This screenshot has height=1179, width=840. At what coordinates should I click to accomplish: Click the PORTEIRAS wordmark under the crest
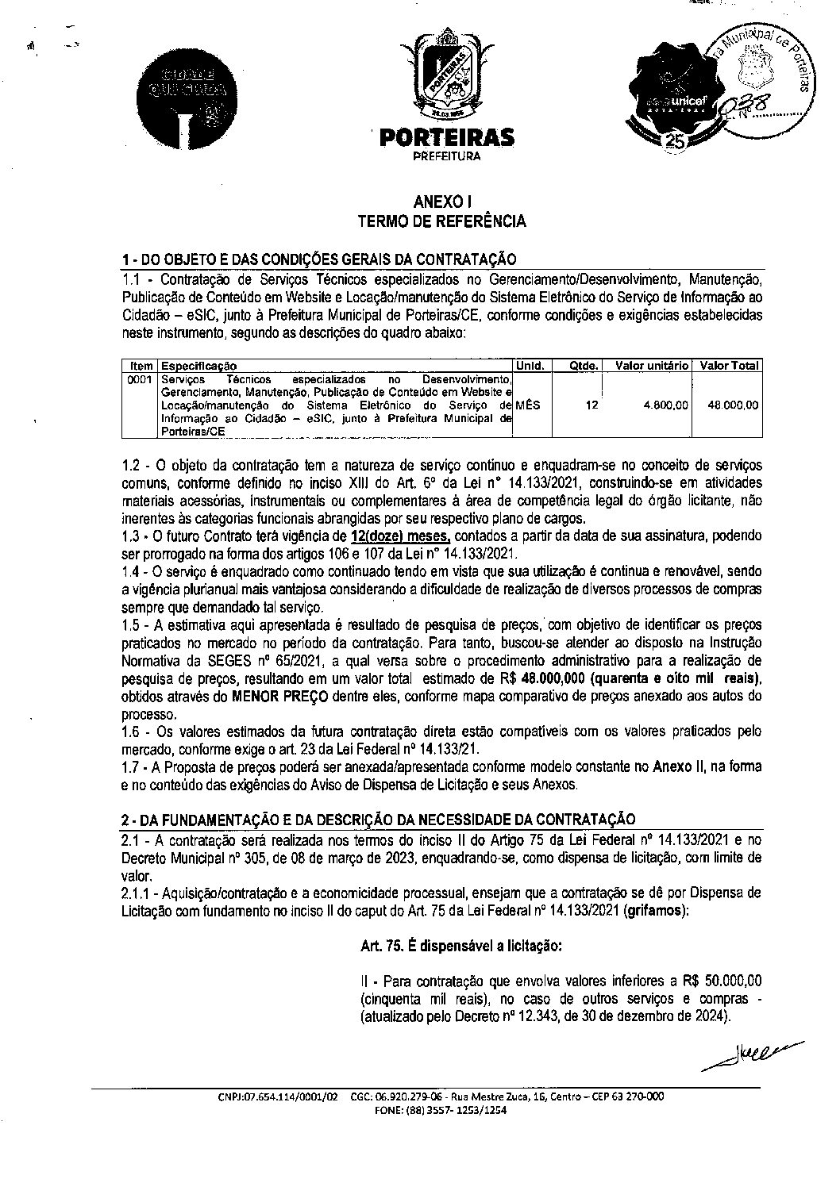446,138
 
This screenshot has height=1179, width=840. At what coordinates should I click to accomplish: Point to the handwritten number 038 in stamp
746,104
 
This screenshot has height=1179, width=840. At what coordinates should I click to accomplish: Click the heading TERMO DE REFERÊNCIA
441,221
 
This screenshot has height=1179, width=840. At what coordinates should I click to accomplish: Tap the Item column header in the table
141,366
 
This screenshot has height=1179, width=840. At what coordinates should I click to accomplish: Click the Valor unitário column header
652,366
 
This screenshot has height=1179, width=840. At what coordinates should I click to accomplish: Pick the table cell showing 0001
141,380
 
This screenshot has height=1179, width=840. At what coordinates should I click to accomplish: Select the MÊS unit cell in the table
528,405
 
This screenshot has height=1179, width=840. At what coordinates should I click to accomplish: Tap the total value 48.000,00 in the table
734,405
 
